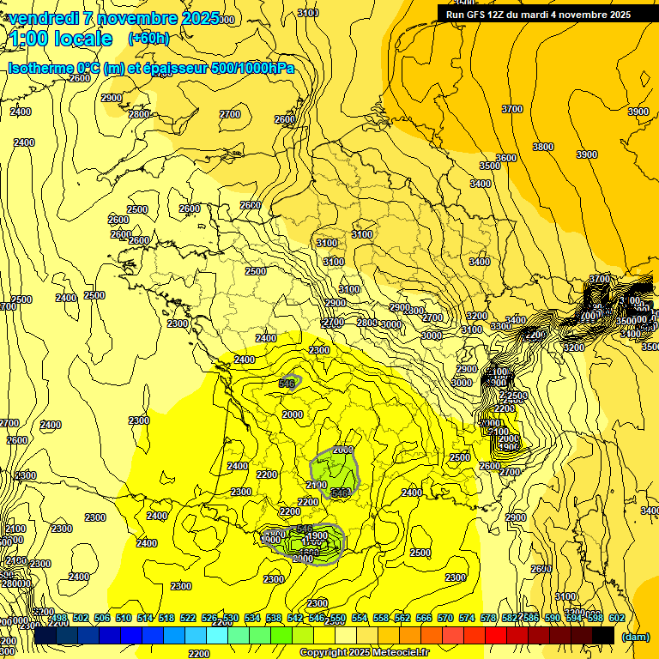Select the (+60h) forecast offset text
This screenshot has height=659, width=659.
click(x=148, y=39)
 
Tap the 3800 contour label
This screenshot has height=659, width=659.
click(x=542, y=147)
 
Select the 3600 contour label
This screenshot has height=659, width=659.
click(x=506, y=158)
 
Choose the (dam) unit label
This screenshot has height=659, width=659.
click(x=636, y=637)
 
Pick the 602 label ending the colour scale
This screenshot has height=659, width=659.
click(x=615, y=619)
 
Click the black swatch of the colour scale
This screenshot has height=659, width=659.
click(x=603, y=635)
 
